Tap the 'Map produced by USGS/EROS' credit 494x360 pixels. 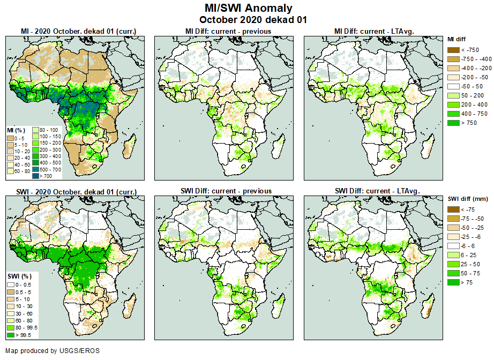coord(53,351)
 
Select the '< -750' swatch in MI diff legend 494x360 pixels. coord(453,50)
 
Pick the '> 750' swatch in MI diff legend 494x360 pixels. coord(453,123)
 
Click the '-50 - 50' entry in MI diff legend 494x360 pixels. coord(453,86)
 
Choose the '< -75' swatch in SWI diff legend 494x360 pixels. coord(453,209)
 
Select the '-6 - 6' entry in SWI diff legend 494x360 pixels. coord(453,246)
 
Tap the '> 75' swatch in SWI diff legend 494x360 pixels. coord(453,282)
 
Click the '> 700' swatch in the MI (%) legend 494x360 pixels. coord(35,175)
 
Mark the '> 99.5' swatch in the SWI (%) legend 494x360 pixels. coord(10,335)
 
